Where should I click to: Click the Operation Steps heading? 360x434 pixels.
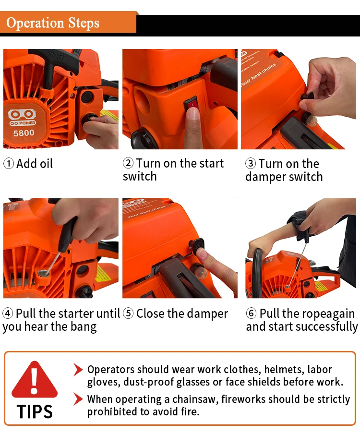[x=53, y=23]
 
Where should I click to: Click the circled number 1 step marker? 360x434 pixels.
[x=9, y=164]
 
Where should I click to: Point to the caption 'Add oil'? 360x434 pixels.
[x=35, y=164]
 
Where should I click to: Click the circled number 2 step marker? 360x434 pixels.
[x=128, y=163]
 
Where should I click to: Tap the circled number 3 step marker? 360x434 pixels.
[x=251, y=164]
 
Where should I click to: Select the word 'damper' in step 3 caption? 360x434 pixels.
[x=264, y=177]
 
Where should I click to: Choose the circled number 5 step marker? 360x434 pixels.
[x=128, y=314]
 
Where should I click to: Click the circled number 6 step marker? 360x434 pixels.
[x=251, y=314]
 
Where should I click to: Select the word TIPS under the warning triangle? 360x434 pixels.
[x=34, y=411]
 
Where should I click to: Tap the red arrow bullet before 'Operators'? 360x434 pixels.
[x=78, y=370]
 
